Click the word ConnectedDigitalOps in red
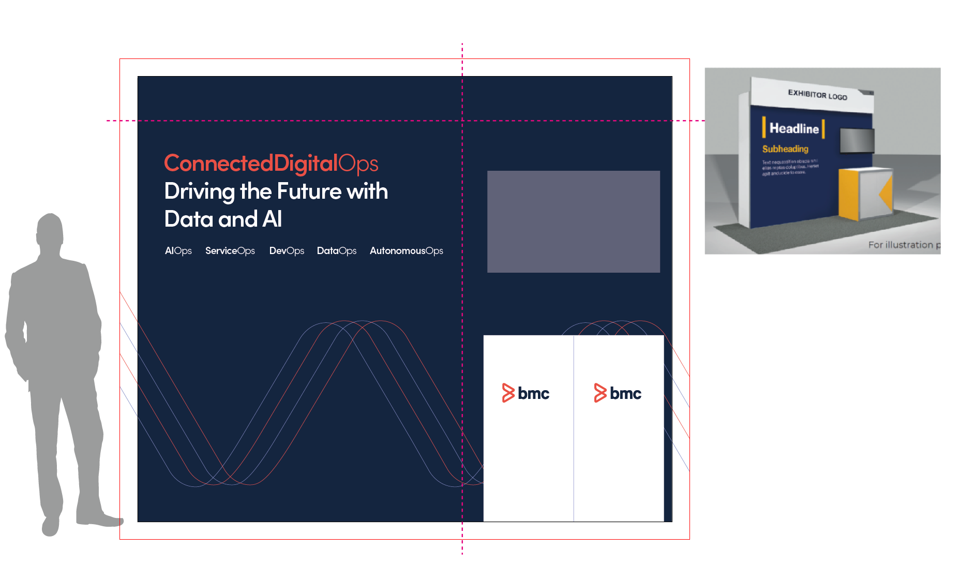click(x=271, y=164)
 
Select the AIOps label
click(x=178, y=251)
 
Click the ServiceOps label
click(x=230, y=251)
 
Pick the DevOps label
click(x=287, y=251)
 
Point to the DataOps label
click(x=337, y=251)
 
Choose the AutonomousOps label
click(x=407, y=251)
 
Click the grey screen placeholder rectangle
click(x=574, y=221)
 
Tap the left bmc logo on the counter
click(x=526, y=393)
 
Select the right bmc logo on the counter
click(x=618, y=393)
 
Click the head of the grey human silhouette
click(x=50, y=230)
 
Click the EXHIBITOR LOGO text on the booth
click(x=817, y=95)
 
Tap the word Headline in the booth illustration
click(x=794, y=128)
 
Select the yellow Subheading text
click(x=785, y=149)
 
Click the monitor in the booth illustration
click(x=857, y=140)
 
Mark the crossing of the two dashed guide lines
click(x=462, y=121)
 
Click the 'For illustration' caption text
click(x=903, y=245)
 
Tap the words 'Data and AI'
click(x=223, y=219)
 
